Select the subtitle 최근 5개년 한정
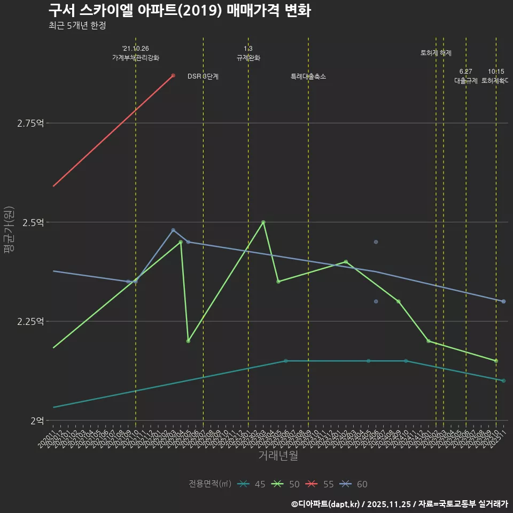coord(77,26)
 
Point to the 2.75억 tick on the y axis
coord(30,123)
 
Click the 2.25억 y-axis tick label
coord(30,321)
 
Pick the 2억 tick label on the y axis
coord(37,421)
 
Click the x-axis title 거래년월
coord(278,456)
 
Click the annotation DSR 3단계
coord(203,76)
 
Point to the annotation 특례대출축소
coord(308,76)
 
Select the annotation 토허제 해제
coord(436,53)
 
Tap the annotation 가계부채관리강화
coord(136,58)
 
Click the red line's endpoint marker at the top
coord(173,75)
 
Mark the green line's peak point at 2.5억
coord(263,222)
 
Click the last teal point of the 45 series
coord(504,380)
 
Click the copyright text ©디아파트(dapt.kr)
coord(326,504)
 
